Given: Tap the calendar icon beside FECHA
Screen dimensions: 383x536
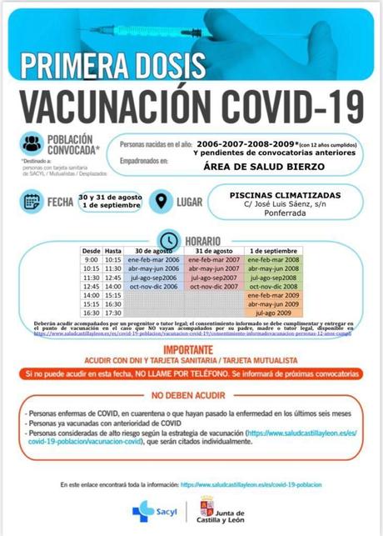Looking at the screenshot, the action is (x=32, y=201).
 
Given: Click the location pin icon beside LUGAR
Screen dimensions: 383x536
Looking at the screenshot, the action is (x=160, y=201).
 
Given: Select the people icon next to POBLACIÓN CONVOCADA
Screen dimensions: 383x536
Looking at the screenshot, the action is (x=32, y=143).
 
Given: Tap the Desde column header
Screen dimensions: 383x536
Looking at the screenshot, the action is (x=92, y=251).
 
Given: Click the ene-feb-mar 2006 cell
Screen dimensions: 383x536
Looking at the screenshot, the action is (x=153, y=260).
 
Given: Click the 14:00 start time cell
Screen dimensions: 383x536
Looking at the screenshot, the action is (x=91, y=295).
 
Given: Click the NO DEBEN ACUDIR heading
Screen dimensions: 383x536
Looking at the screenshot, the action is (x=191, y=395).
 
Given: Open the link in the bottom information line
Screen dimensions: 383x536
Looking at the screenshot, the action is (x=251, y=483).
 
